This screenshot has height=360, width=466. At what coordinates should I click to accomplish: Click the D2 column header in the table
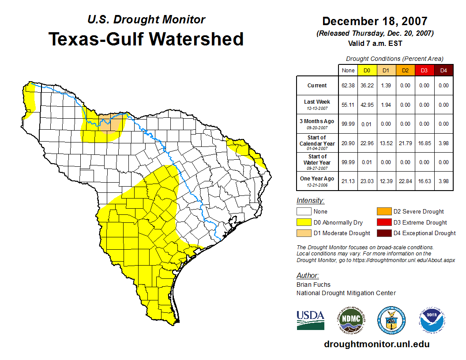406,70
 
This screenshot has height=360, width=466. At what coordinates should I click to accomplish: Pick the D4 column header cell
443,70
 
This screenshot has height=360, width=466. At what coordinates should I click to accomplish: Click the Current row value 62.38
348,86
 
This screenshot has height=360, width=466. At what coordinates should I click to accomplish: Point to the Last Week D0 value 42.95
367,105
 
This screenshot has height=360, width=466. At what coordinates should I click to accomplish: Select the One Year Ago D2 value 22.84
406,181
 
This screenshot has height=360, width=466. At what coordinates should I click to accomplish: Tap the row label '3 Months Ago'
317,121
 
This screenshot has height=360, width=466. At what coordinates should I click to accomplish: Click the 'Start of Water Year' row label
317,159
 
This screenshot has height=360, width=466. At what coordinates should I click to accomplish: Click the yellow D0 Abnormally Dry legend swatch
304,222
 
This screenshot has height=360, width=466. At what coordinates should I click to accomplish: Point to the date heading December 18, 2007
375,21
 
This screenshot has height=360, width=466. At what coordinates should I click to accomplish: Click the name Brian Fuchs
313,285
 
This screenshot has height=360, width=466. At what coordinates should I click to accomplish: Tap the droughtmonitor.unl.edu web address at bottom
376,344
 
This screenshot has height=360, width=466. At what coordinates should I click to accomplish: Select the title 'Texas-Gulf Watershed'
146,39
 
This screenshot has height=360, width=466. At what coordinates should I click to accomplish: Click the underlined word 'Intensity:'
310,201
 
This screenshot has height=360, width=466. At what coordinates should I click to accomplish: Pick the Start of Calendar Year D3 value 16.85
425,143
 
